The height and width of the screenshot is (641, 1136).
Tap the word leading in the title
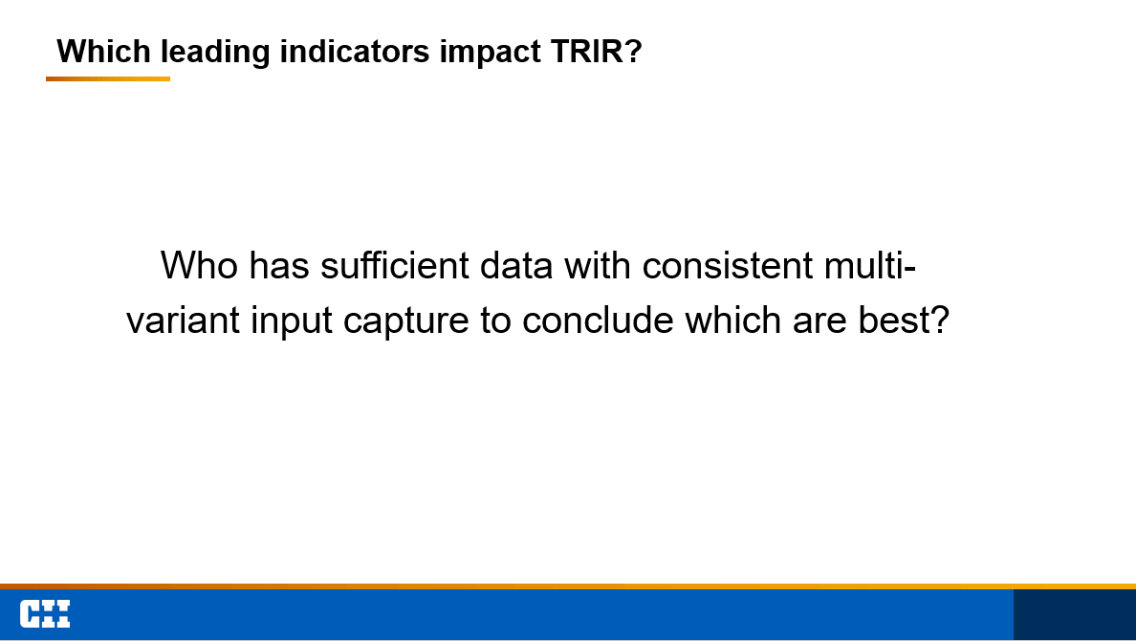coord(215,53)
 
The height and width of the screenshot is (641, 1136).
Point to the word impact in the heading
coord(489,53)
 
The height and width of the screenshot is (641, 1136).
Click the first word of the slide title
coord(103,52)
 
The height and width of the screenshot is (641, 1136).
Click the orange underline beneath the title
coord(108,79)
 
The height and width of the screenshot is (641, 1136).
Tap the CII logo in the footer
coord(45,614)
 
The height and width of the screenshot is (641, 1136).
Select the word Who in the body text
coord(199,265)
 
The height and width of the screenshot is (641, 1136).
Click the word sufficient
coord(395,265)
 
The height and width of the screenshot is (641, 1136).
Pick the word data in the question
coord(516,265)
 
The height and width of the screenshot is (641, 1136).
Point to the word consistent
coord(728,265)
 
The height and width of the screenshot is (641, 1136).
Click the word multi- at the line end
coord(870,265)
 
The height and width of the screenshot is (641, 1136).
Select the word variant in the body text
coord(183,320)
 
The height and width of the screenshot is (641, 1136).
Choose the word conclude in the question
coord(598,320)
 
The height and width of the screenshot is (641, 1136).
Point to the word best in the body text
coord(904,320)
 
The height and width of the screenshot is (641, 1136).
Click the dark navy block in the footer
coord(1075,614)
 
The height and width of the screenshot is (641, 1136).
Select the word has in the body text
coord(279,265)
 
